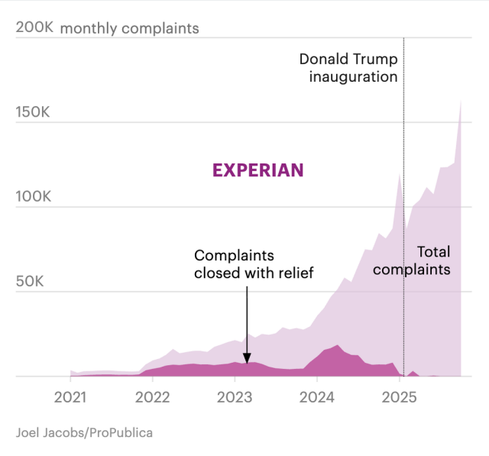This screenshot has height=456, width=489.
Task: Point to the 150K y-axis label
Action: (x=33, y=113)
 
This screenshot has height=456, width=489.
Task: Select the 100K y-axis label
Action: (x=33, y=197)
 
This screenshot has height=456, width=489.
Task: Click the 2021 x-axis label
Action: (x=70, y=397)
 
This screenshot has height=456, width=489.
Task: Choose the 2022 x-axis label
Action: (x=152, y=397)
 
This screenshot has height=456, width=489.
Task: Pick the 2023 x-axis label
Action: (x=235, y=397)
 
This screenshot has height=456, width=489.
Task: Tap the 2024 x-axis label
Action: (x=316, y=397)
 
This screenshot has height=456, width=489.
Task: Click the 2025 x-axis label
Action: (x=399, y=397)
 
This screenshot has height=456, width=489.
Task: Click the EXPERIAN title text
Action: (x=257, y=170)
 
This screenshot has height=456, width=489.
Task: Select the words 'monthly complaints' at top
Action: (x=129, y=28)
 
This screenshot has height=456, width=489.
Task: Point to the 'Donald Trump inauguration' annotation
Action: (x=348, y=67)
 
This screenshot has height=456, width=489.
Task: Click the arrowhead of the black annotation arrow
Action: (x=246, y=357)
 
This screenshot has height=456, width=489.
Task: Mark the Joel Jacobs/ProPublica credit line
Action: (x=84, y=433)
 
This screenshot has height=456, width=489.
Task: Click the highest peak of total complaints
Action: (x=460, y=102)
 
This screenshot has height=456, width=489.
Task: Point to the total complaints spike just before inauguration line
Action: (x=399, y=174)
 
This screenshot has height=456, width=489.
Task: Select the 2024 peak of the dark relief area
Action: (x=337, y=347)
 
